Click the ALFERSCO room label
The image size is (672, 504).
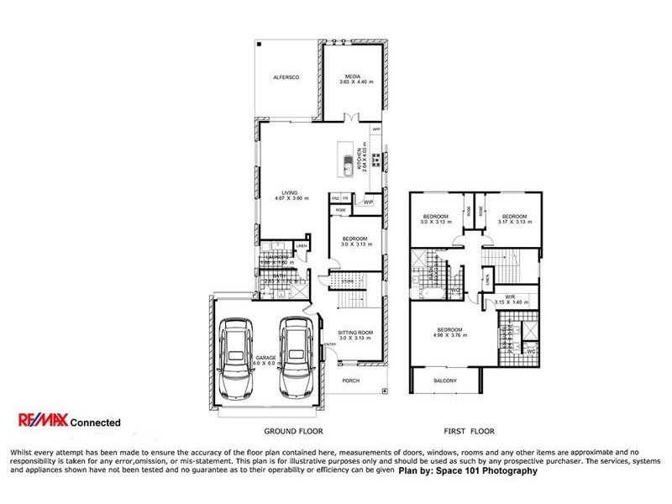286,77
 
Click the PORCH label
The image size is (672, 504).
352,380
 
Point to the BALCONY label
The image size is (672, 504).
445,381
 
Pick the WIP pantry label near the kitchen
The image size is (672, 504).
368,202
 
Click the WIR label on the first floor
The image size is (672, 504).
510,296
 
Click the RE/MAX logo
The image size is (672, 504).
41,422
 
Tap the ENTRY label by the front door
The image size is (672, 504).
329,344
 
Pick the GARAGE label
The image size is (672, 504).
266,359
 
